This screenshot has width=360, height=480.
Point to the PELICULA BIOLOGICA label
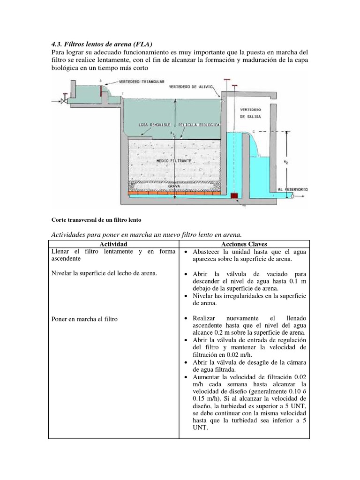click(199, 125)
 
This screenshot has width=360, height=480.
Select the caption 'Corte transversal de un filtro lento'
click(96, 219)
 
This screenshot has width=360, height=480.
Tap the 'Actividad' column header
click(113, 244)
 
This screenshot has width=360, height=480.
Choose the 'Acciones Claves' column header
click(244, 244)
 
